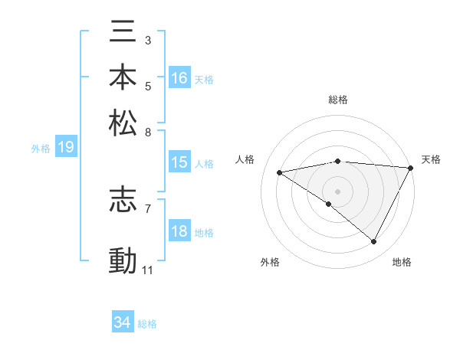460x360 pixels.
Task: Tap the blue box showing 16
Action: point(179,78)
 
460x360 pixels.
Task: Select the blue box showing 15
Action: point(179,162)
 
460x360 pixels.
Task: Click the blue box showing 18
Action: point(179,231)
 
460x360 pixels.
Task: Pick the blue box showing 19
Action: point(65,148)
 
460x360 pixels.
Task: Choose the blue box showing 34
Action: point(122,323)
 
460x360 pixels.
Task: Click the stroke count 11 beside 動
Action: point(148,270)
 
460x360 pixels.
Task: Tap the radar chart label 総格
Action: point(338,100)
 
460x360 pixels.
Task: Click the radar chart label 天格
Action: point(431,159)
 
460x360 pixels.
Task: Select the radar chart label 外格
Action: point(270,262)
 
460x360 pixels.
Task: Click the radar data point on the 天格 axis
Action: point(411,168)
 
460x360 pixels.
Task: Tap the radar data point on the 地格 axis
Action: point(373,241)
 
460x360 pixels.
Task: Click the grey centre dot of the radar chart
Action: point(337,191)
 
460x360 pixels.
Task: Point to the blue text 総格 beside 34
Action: point(147,324)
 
